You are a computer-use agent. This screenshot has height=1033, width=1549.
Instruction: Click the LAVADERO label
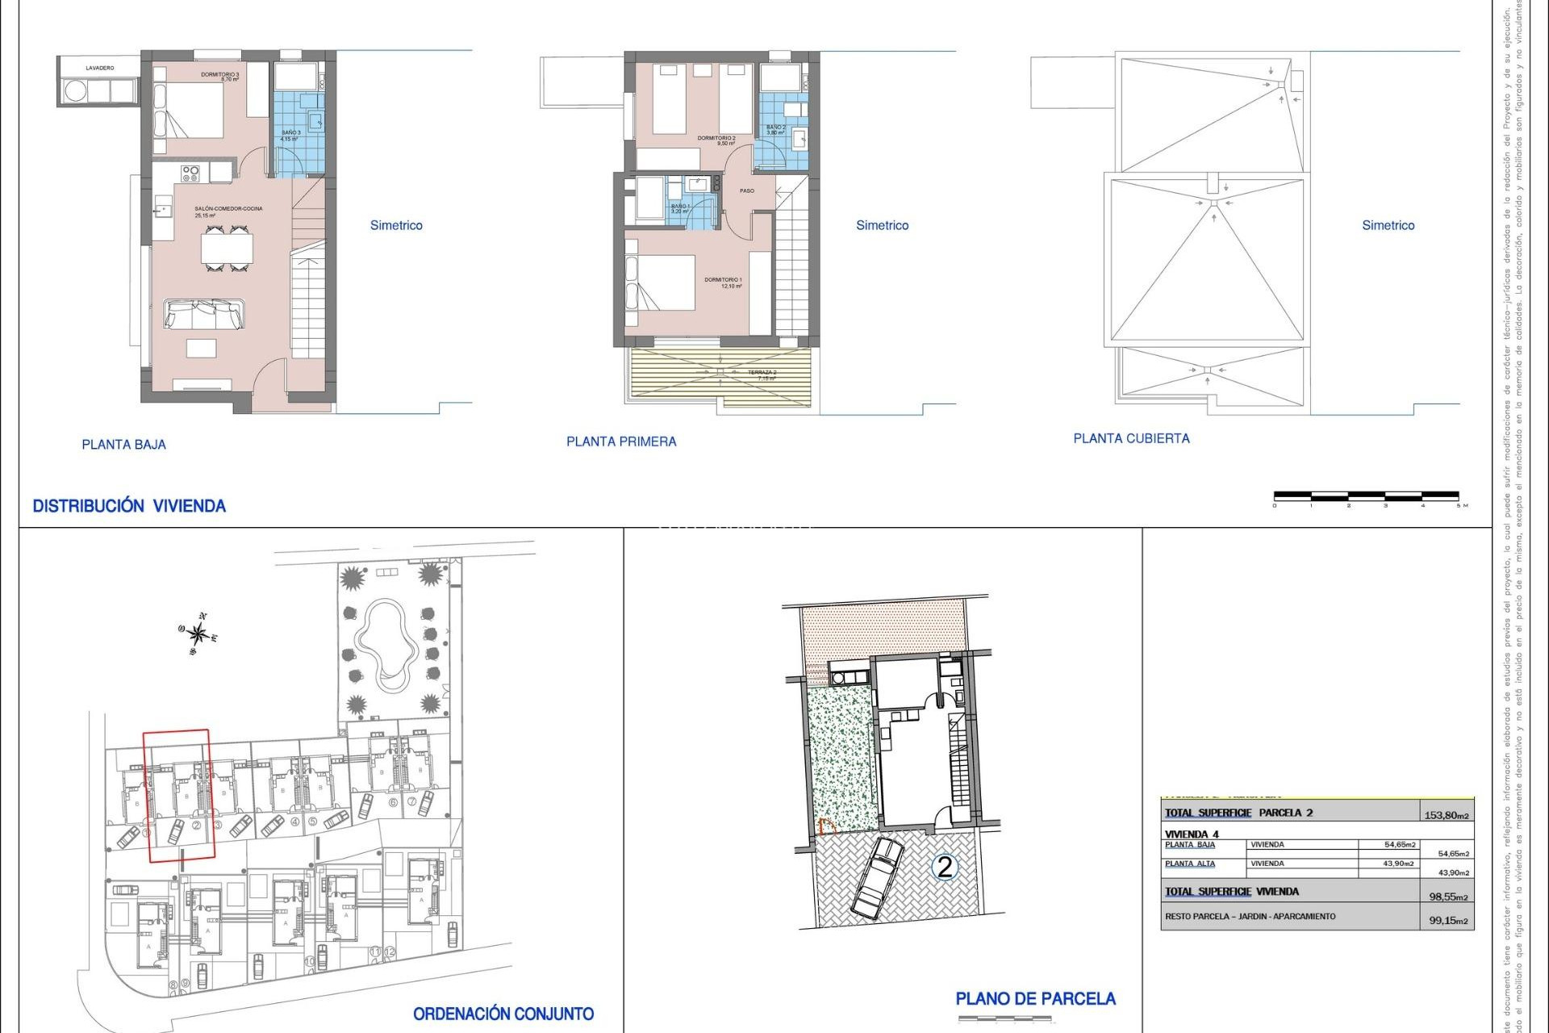(x=100, y=69)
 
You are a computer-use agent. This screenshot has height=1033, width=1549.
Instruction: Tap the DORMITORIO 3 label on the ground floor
(x=220, y=76)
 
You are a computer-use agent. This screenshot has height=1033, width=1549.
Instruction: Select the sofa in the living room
(x=203, y=314)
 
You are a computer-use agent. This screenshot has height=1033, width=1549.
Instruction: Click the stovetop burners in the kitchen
(x=190, y=173)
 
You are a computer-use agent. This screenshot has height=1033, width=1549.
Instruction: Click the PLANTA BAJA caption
(x=123, y=445)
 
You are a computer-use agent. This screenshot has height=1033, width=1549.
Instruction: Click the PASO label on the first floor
(x=747, y=191)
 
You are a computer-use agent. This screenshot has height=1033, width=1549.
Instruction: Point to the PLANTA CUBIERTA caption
(x=1131, y=439)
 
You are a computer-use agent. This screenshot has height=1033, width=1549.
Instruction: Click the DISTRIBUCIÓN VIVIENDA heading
(x=129, y=507)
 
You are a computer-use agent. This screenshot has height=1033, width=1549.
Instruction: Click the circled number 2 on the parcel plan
(x=945, y=868)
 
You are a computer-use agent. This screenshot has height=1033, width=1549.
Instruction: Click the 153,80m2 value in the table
(x=1447, y=815)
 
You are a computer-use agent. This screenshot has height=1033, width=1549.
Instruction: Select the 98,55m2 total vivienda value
(x=1448, y=897)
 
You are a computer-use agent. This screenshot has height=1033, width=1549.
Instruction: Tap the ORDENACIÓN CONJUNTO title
(x=503, y=1014)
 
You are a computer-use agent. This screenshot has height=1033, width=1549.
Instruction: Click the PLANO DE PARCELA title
(x=1035, y=999)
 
